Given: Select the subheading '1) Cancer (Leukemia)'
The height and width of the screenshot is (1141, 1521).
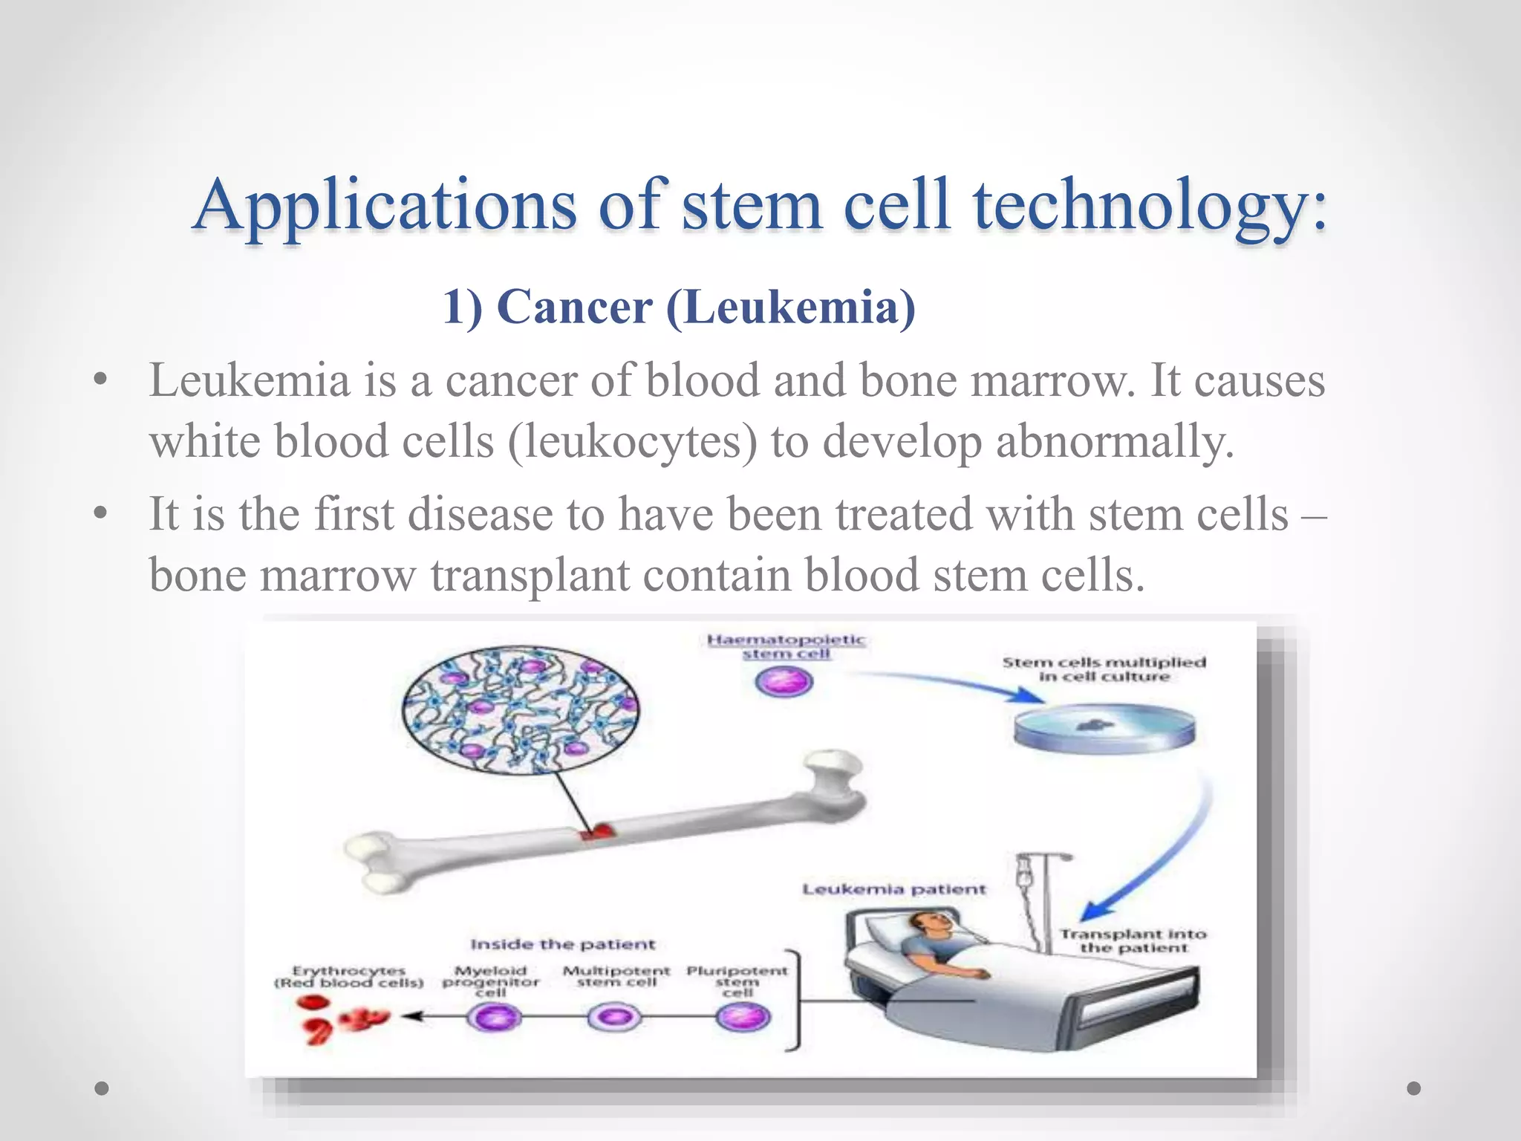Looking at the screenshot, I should (x=679, y=308).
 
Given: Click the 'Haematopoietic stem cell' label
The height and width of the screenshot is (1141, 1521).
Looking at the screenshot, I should (x=786, y=646).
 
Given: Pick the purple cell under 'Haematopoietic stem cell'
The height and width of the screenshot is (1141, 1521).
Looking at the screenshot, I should (x=784, y=681).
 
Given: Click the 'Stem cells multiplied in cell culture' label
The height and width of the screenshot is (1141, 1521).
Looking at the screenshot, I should (x=1104, y=669).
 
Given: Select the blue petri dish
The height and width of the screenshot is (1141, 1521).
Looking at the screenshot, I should (x=1104, y=728).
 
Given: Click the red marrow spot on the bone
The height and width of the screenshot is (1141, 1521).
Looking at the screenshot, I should (x=599, y=832).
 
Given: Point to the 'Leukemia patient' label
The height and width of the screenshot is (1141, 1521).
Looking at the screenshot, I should (x=893, y=889).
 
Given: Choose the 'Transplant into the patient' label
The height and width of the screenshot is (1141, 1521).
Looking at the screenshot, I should (x=1133, y=940).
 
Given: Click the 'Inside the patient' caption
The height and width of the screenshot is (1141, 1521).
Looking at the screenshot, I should (x=563, y=944).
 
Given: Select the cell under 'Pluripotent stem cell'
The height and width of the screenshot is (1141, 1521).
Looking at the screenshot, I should (x=743, y=1018).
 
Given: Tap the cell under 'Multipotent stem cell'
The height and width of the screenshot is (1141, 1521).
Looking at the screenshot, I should (x=614, y=1018).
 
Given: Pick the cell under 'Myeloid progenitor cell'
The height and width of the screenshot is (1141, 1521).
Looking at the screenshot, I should (x=494, y=1018).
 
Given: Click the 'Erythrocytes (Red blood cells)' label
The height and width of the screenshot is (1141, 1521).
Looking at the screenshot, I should (x=348, y=976).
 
